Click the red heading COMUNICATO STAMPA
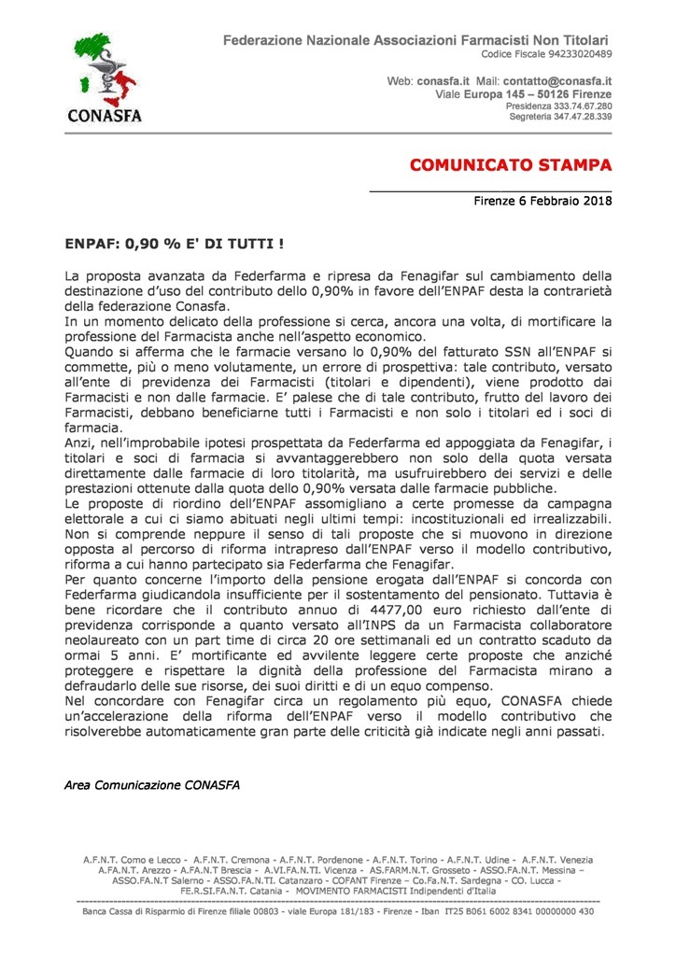(511, 166)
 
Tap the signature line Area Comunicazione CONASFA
(151, 784)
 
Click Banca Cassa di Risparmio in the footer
(149, 911)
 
